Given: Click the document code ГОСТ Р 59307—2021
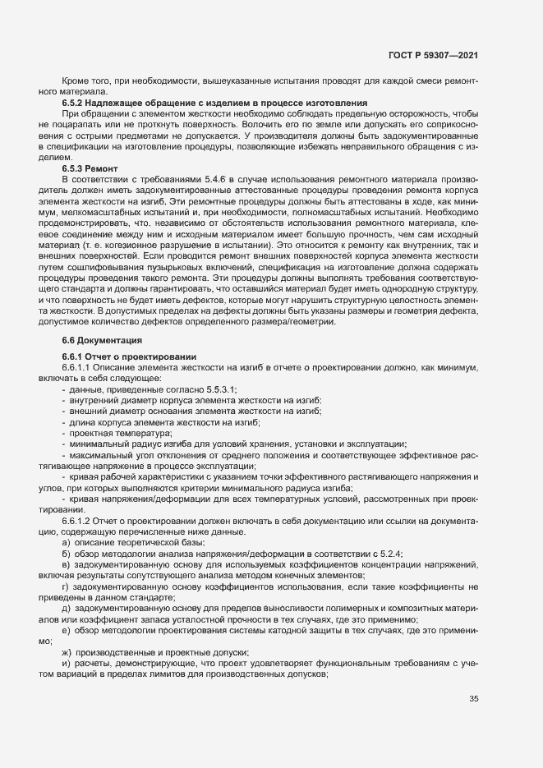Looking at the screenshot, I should click(433, 55).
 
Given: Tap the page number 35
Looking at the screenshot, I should click(472, 698).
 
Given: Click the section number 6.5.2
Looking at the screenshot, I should click(75, 103).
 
